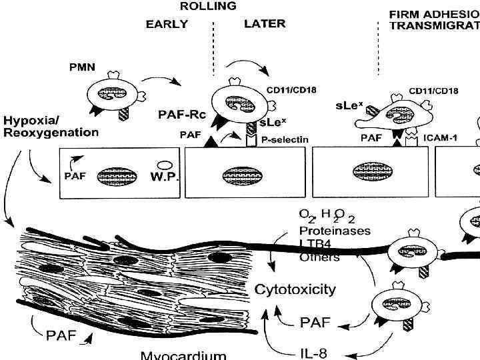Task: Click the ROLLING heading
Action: (208, 7)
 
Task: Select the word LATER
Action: (264, 24)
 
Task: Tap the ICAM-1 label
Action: (440, 139)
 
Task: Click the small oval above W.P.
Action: (163, 163)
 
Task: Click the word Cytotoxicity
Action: (296, 290)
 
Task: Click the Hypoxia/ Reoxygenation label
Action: (51, 127)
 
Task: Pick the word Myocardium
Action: (179, 355)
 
